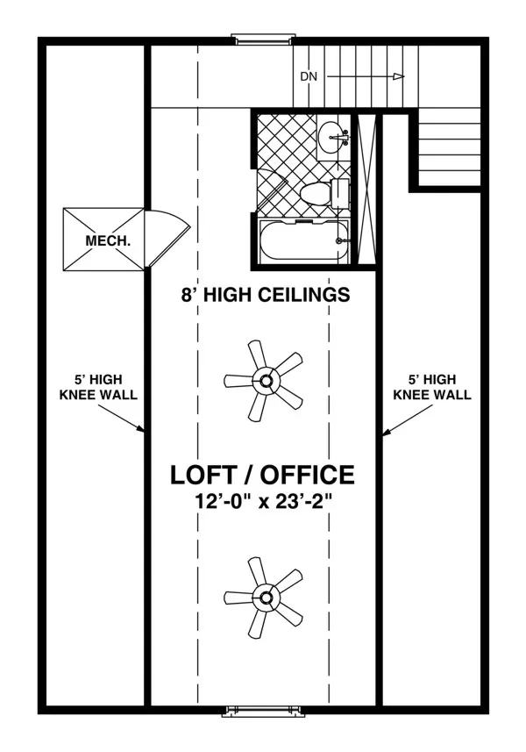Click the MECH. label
108,240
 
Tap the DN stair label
309,76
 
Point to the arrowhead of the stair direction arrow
399,76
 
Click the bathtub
302,241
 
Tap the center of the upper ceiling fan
265,382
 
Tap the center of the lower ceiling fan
265,598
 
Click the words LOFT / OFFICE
262,475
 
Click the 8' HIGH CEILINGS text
266,294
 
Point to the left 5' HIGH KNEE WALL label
98,388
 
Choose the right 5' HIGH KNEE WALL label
432,388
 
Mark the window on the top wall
262,39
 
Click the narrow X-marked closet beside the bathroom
367,190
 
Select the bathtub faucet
341,240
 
